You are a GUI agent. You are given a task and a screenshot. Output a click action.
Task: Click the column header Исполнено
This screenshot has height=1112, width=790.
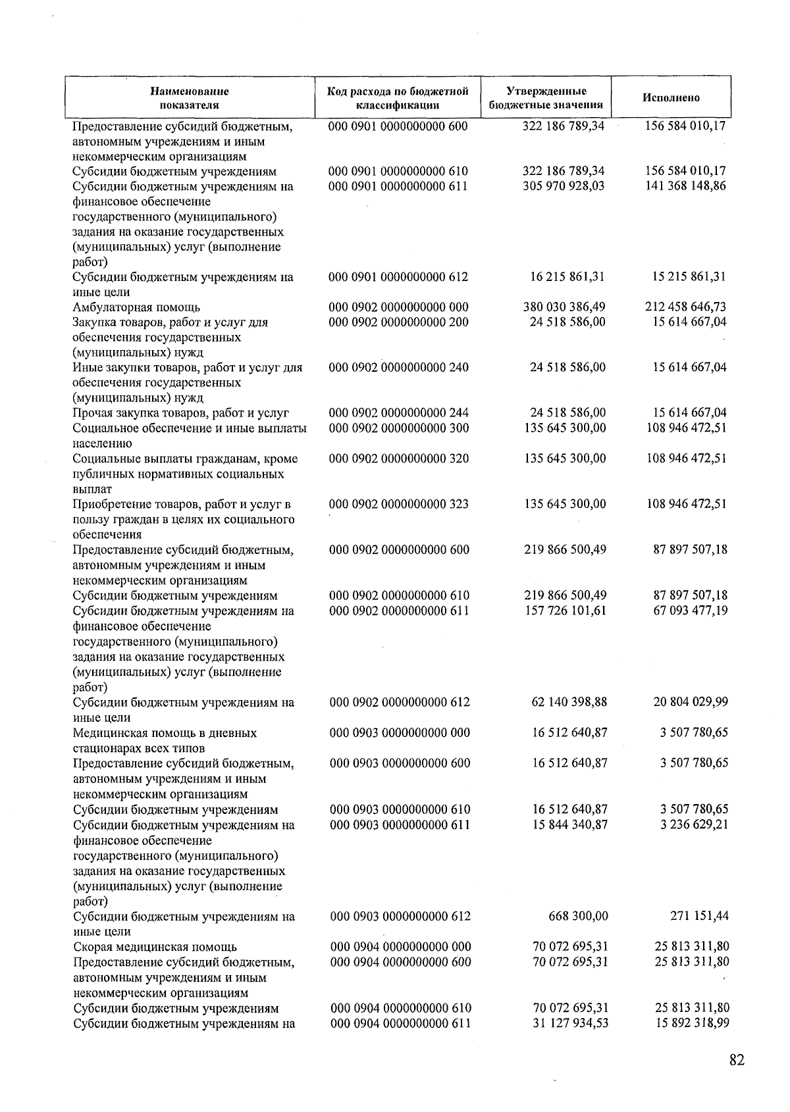pos(671,98)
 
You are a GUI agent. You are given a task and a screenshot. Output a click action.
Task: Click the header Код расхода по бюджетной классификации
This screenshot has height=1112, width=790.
pos(398,98)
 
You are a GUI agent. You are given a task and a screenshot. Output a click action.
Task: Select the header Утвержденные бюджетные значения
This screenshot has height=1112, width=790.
pos(546,98)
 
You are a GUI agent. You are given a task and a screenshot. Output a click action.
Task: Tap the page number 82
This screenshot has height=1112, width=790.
pos(737,1060)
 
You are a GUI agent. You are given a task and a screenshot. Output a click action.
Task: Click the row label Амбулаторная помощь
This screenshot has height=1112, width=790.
pos(136,307)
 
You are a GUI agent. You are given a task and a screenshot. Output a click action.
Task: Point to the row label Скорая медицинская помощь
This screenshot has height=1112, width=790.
pos(155,947)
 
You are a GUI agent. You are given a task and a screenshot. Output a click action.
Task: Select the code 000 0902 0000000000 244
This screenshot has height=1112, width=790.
pos(399,413)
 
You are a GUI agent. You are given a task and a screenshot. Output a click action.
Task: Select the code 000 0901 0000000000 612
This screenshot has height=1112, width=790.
pos(398,276)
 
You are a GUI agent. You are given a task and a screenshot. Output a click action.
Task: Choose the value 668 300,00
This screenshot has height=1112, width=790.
pos(578,916)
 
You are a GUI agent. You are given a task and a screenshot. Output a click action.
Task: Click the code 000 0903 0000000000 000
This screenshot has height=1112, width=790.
pos(400,732)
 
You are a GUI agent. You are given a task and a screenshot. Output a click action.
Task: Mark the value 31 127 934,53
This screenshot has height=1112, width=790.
pos(569,1023)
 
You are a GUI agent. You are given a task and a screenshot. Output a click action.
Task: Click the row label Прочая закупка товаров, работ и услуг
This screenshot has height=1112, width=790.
pos(181,413)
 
